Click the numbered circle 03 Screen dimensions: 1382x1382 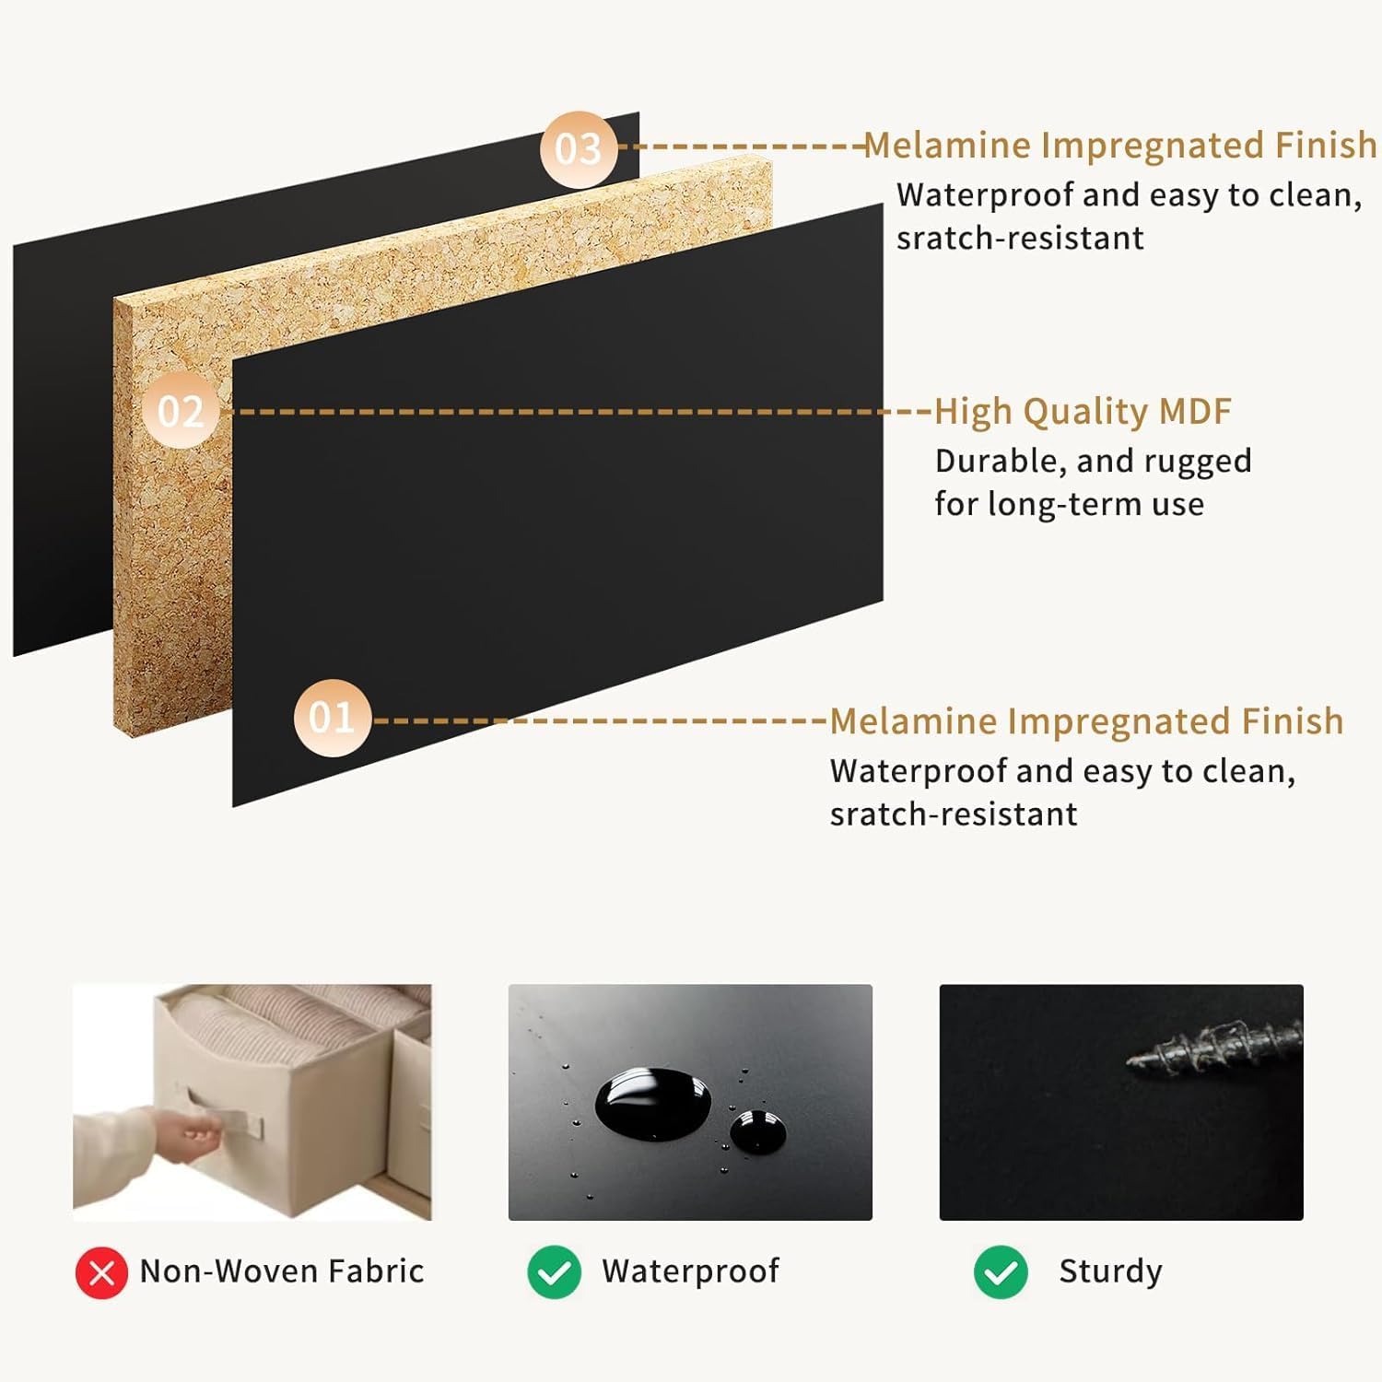pos(579,149)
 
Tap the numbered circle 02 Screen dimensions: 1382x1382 pos(181,411)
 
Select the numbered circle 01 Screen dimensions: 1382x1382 pos(332,718)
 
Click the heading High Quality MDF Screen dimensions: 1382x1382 pos(1083,412)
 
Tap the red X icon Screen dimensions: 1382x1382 pos(101,1272)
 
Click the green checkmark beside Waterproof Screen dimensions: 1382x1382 pos(554,1272)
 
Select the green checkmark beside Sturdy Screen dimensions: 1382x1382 pos(1001,1272)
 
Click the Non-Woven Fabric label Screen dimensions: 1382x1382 pos(282,1271)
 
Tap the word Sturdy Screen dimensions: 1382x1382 pos(1110,1272)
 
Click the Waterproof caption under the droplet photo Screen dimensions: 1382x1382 pos(690,1271)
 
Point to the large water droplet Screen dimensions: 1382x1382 pos(652,1103)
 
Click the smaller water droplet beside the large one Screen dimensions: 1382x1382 pos(757,1131)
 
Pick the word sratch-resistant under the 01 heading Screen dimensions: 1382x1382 pos(954,814)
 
